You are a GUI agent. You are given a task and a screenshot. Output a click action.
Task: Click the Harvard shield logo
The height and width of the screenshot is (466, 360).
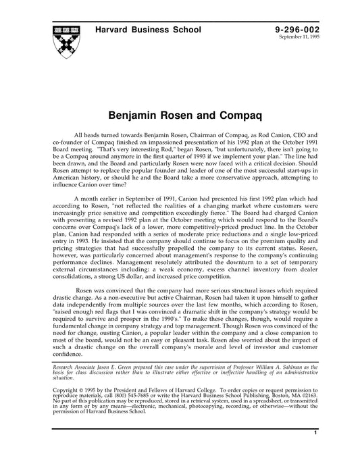point(65,40)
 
